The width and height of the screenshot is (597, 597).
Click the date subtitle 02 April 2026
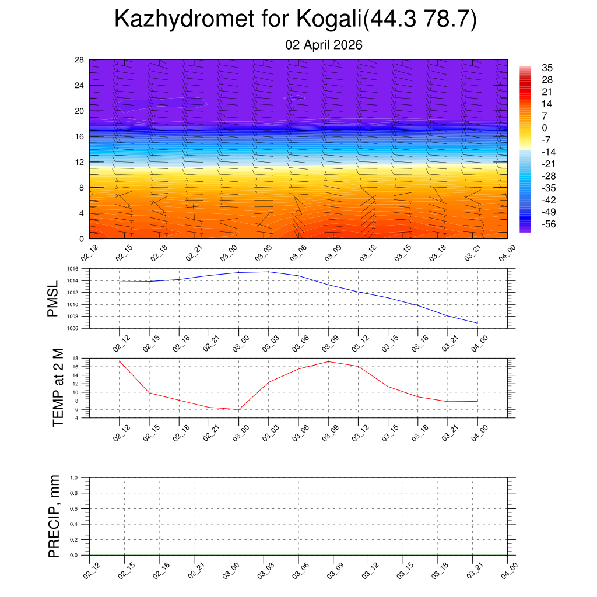click(324, 45)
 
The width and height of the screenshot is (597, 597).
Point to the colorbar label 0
click(545, 128)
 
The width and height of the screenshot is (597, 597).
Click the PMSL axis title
click(53, 298)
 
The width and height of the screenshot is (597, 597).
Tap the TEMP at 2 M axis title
click(57, 388)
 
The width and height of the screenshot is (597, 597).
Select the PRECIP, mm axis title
click(54, 517)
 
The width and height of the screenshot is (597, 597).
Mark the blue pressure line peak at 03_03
click(269, 272)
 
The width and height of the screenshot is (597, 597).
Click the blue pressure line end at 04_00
click(477, 323)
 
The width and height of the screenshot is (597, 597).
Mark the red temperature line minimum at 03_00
click(238, 409)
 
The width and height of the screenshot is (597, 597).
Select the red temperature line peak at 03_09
click(328, 361)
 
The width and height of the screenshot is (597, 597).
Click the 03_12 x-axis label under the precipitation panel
click(369, 574)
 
